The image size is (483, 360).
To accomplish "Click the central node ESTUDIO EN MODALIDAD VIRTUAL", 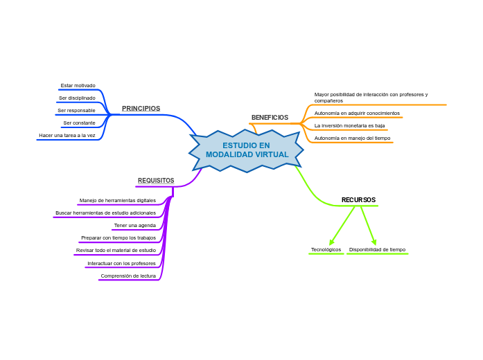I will click(247, 150).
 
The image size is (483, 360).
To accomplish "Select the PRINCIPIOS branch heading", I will click(141, 109).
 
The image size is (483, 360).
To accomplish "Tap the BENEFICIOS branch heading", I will click(270, 118).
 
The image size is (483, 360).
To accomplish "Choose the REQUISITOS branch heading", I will click(156, 181).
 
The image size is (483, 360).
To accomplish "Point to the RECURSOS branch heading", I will click(358, 200).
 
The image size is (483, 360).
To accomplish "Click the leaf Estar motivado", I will click(78, 86).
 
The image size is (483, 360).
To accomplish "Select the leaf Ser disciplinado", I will click(77, 98).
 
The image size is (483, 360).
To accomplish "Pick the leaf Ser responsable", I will click(76, 111).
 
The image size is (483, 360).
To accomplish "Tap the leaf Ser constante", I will click(79, 123).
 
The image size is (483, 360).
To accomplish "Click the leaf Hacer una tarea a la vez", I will click(67, 136).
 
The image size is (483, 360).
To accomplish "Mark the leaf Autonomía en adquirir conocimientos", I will click(357, 113).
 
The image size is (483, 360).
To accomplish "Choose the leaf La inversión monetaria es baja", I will click(349, 125).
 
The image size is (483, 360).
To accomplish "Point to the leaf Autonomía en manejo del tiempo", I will click(352, 138).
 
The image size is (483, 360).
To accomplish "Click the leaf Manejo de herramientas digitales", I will click(118, 200).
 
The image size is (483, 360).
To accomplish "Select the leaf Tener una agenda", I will click(134, 225).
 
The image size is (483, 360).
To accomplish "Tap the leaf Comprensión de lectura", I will click(128, 276).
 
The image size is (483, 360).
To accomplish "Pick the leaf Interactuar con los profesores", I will click(121, 263).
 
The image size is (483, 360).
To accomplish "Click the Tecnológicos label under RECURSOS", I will click(326, 249).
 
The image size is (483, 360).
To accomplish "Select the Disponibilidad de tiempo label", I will click(377, 249).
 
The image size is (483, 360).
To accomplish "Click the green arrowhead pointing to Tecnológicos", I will click(332, 242).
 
